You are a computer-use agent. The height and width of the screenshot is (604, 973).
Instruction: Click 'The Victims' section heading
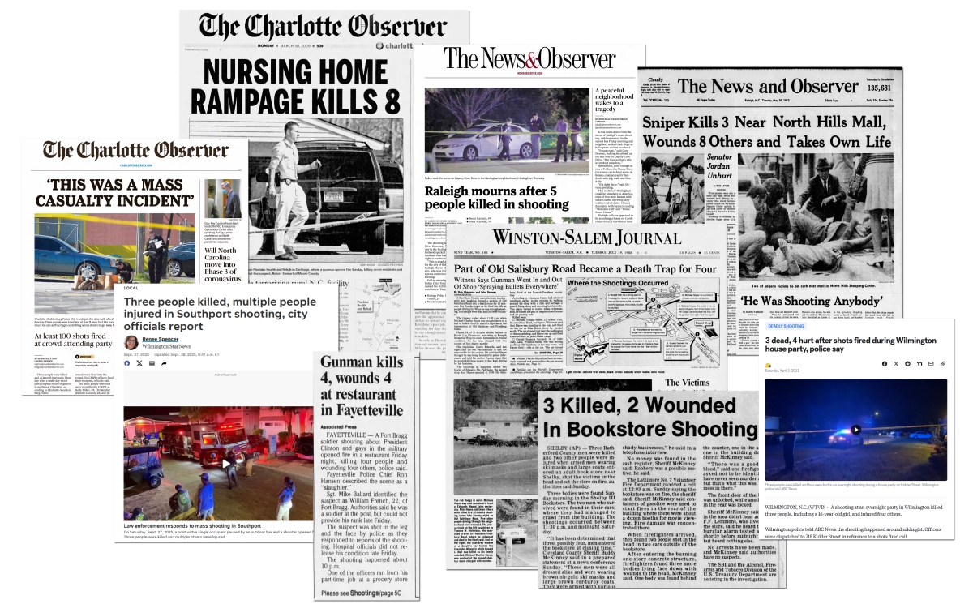click(x=689, y=382)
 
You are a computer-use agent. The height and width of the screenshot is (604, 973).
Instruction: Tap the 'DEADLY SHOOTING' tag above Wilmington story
click(x=784, y=326)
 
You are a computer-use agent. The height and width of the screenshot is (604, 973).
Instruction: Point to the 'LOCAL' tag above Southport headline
click(x=131, y=287)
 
